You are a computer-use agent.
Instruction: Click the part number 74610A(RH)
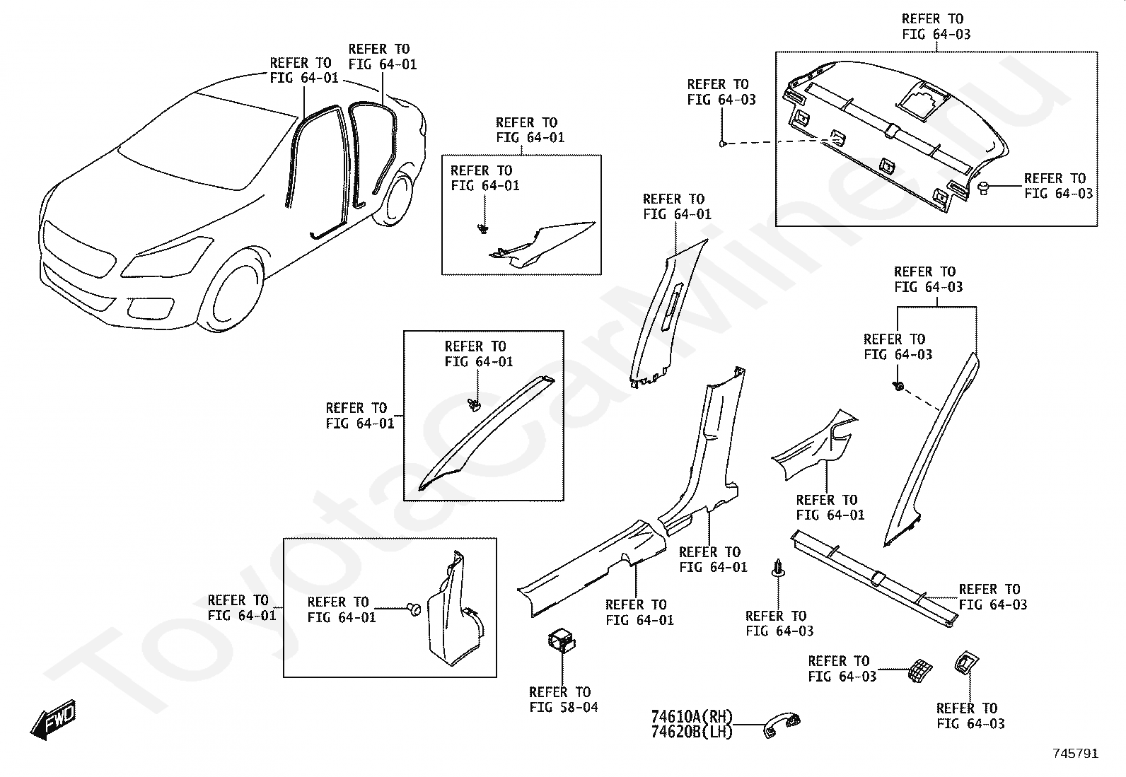click(x=691, y=717)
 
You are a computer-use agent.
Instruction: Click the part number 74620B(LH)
click(x=691, y=732)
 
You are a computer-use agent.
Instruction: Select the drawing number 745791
click(x=1075, y=754)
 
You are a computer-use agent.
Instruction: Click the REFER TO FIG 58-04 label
click(x=563, y=699)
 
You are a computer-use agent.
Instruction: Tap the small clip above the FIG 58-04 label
click(x=562, y=641)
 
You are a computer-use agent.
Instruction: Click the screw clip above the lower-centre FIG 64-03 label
click(x=778, y=568)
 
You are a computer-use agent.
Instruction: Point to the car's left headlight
click(x=166, y=259)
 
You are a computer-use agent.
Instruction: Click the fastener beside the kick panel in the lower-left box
click(x=414, y=608)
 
